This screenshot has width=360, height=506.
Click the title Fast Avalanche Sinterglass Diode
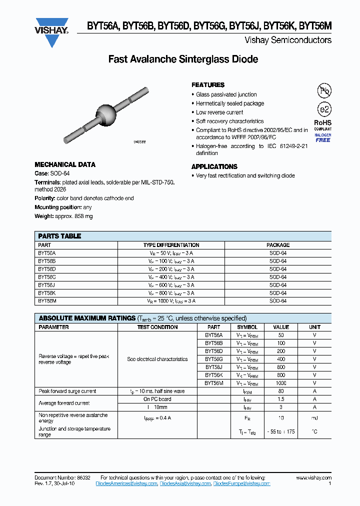tap(183, 59)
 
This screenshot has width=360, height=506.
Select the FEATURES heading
tap(208, 85)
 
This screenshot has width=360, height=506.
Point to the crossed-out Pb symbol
tap(324, 91)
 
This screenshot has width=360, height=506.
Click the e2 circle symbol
tap(324, 110)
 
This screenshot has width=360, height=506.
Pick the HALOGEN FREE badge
tap(323, 137)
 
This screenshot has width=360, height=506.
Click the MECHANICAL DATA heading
tap(65, 164)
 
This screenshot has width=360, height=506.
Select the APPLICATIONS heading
tap(214, 166)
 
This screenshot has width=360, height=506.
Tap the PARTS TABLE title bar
tap(183, 236)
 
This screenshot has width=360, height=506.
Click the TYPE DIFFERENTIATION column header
tap(171, 245)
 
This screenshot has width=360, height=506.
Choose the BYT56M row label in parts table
tap(47, 301)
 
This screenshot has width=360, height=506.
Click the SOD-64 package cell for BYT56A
tap(278, 253)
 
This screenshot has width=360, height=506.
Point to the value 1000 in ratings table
tap(281, 383)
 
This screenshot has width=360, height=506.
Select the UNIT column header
tap(314, 327)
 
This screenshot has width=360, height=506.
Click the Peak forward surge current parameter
tap(67, 391)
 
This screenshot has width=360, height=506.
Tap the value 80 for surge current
tap(281, 391)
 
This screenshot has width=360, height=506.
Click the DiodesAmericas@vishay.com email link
tap(96, 484)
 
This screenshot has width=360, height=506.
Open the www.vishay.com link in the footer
tap(313, 478)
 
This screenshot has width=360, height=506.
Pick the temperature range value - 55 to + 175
tap(281, 431)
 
